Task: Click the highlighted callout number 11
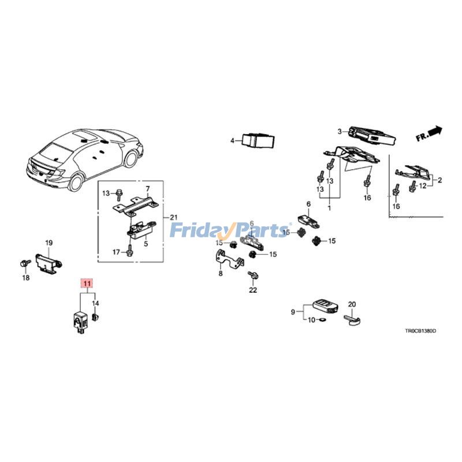[x=85, y=284]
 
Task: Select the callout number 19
[x=49, y=243]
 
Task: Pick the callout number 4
[x=232, y=140]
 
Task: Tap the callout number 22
[x=252, y=290]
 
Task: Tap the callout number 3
[x=340, y=131]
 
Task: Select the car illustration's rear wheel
[x=77, y=183]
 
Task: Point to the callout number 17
[x=115, y=251]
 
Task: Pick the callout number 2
[x=439, y=181]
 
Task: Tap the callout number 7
[x=147, y=189]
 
